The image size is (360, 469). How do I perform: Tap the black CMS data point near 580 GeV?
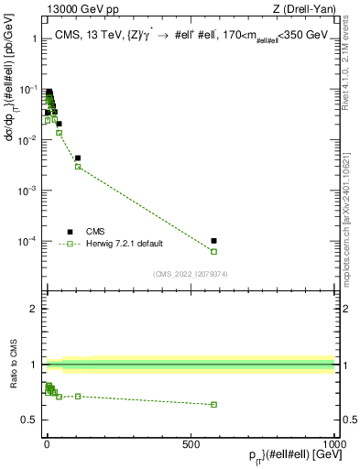tap(213, 241)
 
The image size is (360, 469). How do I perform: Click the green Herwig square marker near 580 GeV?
tap(213, 251)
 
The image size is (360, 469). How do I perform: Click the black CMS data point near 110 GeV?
tap(78, 158)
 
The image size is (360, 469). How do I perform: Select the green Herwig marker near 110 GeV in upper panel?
tap(78, 166)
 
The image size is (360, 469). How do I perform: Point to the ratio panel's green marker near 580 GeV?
tap(213, 404)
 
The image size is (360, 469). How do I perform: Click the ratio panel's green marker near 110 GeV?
tap(78, 396)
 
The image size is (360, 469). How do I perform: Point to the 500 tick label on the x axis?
tap(191, 444)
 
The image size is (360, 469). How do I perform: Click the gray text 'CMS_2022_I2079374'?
tap(190, 272)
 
